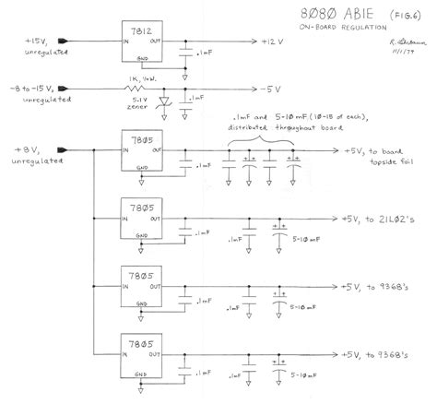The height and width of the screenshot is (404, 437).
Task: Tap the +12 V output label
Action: click(277, 42)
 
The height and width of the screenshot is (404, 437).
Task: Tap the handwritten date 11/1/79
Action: click(404, 54)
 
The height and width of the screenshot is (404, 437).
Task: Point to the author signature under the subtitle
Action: click(402, 43)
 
